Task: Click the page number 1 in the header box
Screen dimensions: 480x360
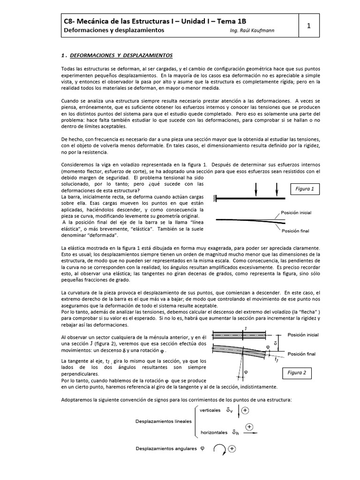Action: pyautogui.click(x=309, y=26)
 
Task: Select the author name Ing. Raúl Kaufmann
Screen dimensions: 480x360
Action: pyautogui.click(x=250, y=30)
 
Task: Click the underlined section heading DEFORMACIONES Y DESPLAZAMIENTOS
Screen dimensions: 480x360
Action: pyautogui.click(x=121, y=56)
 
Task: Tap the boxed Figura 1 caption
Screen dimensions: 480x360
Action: pyautogui.click(x=305, y=189)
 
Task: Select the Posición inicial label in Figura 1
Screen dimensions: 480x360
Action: pyautogui.click(x=296, y=212)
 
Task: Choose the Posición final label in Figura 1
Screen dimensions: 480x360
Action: pyautogui.click(x=295, y=231)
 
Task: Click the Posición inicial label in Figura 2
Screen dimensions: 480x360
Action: pyautogui.click(x=303, y=335)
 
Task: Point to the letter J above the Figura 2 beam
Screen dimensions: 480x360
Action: pyautogui.click(x=246, y=329)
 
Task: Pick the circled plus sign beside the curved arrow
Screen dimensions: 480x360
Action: pyautogui.click(x=231, y=449)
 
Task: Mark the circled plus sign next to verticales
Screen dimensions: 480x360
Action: pyautogui.click(x=245, y=410)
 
